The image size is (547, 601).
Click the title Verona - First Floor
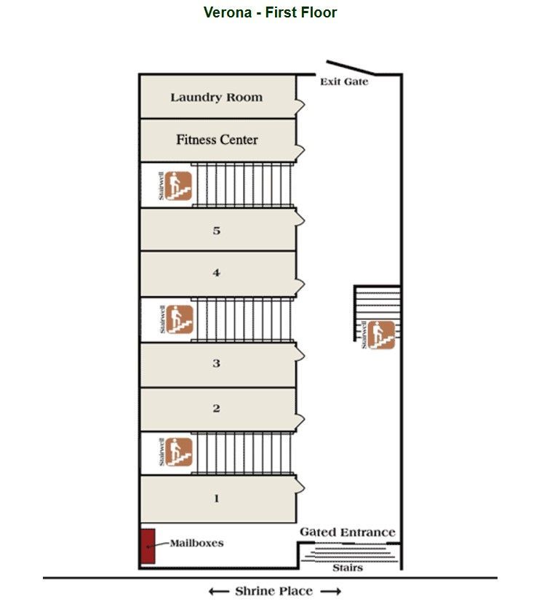[270, 12]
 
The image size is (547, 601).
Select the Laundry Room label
[216, 97]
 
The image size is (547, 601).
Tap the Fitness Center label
[217, 140]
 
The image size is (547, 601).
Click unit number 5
[216, 231]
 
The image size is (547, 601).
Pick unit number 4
[216, 274]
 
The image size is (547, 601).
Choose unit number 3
[216, 363]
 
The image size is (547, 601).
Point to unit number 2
[216, 409]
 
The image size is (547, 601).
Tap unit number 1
[216, 499]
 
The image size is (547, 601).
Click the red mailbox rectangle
[148, 545]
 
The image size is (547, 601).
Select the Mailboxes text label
[196, 544]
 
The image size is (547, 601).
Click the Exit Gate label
[344, 82]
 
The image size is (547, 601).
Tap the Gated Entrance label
[348, 533]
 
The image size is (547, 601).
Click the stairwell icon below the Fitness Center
[179, 185]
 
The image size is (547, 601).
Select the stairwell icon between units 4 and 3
[179, 319]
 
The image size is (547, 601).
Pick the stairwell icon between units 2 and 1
[179, 452]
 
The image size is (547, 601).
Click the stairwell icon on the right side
[381, 335]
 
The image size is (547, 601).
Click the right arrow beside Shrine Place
[331, 591]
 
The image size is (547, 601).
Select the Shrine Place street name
[274, 591]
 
